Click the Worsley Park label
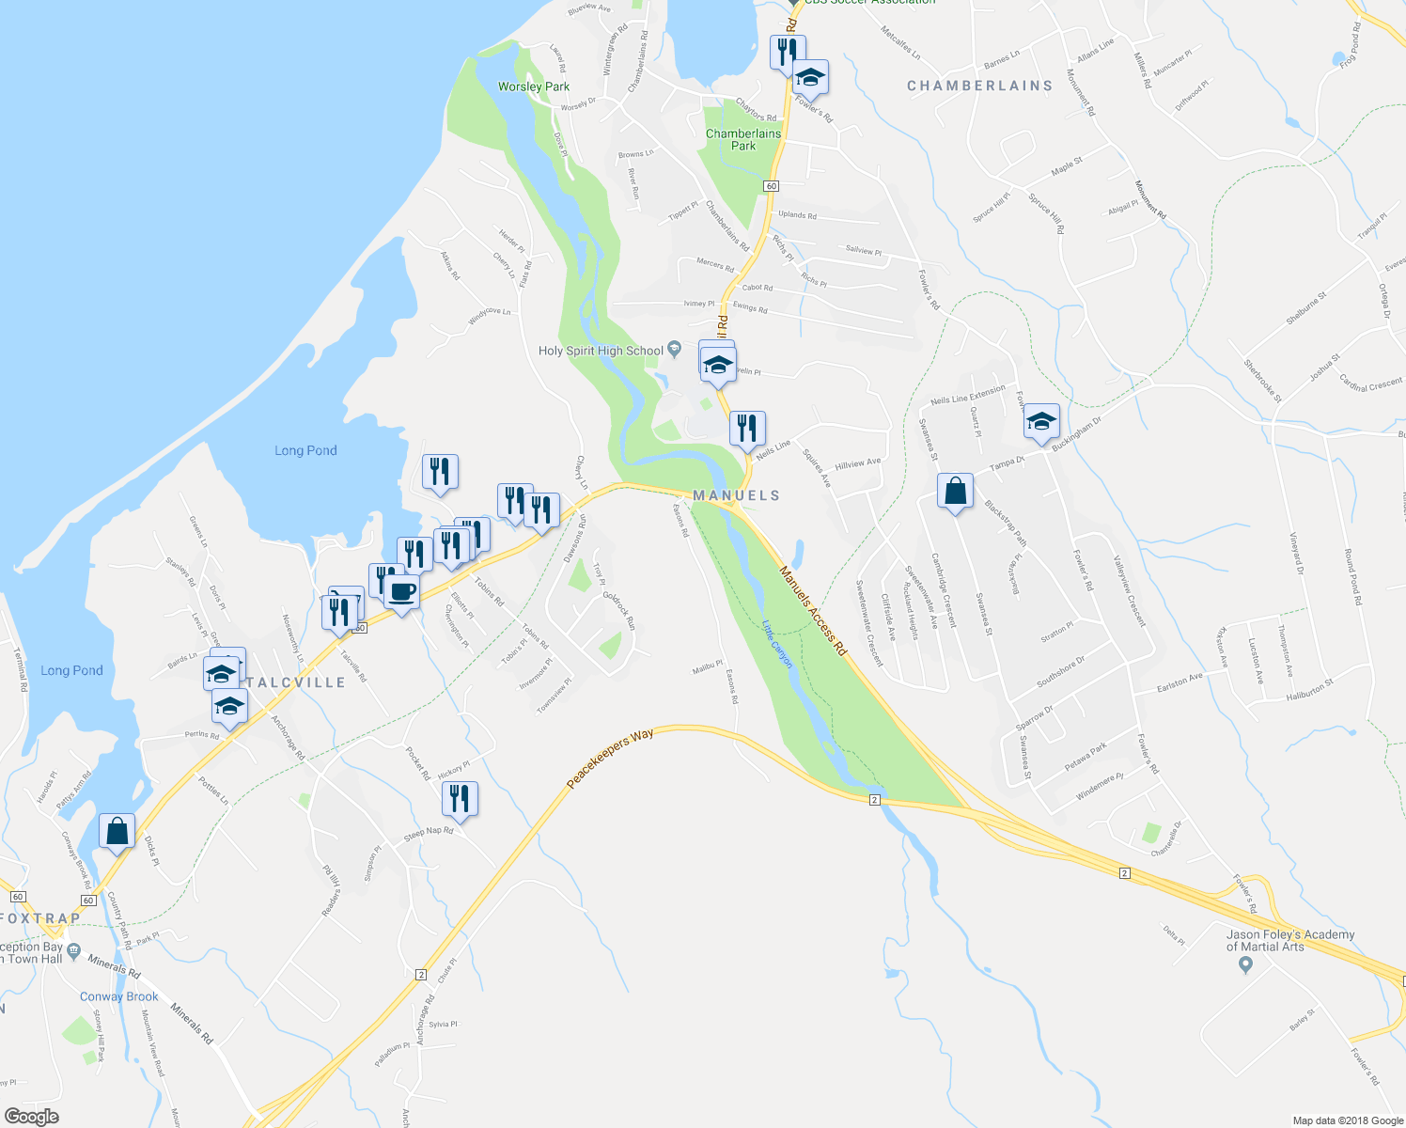coord(534,86)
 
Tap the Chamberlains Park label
coord(743,139)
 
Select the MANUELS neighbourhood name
coord(737,495)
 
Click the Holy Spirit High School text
coord(601,351)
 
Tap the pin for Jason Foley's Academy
coord(1246,965)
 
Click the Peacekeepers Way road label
coord(611,759)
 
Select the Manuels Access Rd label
coord(813,611)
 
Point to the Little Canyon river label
coord(777,643)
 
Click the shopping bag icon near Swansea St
coord(955,492)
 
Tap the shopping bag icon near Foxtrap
coord(117,832)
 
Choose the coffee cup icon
coord(401,592)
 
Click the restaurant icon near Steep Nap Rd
coord(460,799)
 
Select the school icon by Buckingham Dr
coord(1041,422)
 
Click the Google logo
coord(31,1117)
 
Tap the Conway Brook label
coord(119,996)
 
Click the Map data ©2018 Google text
coord(1347,1120)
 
